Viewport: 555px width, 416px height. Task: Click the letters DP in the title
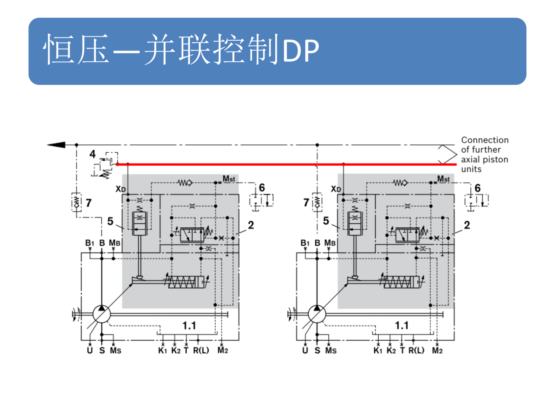(x=301, y=51)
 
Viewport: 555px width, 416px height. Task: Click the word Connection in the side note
(x=484, y=140)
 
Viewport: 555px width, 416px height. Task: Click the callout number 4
(x=92, y=154)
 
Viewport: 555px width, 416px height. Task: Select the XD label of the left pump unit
(x=121, y=189)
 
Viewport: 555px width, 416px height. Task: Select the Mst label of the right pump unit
(x=443, y=179)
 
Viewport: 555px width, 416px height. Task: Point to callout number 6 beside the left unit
(x=262, y=188)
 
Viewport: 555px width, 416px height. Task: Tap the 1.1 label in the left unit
(x=189, y=326)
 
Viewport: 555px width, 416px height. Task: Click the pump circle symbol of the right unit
(x=317, y=314)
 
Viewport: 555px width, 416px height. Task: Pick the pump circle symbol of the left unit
(x=101, y=314)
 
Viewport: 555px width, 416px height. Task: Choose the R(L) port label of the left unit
(x=201, y=350)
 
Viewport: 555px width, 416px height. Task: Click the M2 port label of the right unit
(x=437, y=350)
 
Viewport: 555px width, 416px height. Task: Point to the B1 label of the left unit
(x=90, y=243)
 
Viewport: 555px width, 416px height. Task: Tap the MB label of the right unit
(x=330, y=243)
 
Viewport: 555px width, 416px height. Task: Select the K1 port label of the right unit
(x=378, y=350)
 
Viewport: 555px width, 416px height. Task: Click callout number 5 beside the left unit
(x=110, y=221)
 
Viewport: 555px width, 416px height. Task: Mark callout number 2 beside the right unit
(x=467, y=225)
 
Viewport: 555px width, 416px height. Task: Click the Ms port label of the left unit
(x=115, y=350)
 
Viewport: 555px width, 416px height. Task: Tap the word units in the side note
(x=471, y=169)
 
